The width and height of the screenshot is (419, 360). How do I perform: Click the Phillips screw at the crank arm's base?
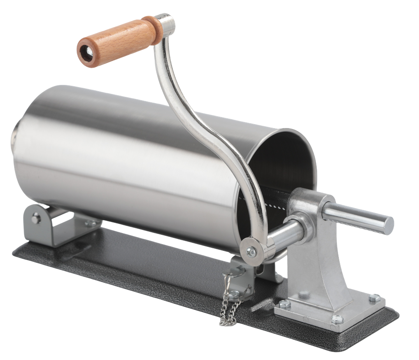coord(250,250)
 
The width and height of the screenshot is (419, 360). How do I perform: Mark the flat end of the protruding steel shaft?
coord(389,225)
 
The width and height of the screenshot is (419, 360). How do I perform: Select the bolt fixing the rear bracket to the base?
coord(88,223)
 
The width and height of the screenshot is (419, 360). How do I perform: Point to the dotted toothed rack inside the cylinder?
coord(272,202)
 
